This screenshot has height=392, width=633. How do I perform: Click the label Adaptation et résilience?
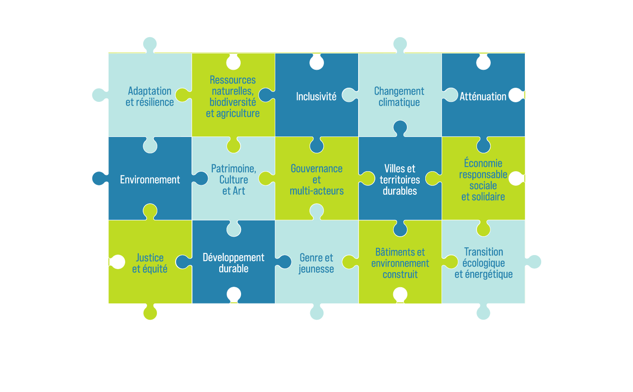[150, 97]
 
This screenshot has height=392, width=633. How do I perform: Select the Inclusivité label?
[316, 97]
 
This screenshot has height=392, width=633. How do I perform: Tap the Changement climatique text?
[399, 97]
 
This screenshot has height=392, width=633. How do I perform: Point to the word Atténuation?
[483, 97]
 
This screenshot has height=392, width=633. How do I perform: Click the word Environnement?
[150, 180]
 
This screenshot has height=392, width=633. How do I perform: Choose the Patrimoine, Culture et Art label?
[233, 180]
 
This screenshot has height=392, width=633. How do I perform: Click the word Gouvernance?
[316, 169]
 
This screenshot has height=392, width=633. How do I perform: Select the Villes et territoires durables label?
[400, 180]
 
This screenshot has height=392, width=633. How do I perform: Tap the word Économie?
[483, 163]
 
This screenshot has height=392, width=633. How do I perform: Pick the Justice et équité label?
[150, 263]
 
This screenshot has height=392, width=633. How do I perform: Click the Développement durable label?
[233, 263]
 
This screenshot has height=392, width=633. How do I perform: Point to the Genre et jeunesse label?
[316, 263]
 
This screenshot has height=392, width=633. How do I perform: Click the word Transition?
[483, 252]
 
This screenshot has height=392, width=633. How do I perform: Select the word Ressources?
[233, 80]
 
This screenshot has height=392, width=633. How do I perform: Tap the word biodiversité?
[233, 102]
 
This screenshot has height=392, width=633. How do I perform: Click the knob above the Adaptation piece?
[150, 44]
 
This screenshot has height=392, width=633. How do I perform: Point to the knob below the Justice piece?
[150, 313]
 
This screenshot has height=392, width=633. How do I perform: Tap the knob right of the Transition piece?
[534, 262]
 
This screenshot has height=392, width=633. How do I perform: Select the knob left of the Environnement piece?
[99, 178]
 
